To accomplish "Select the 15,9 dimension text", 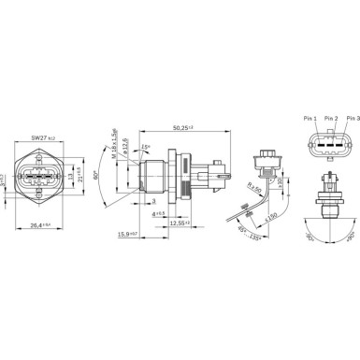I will click(132, 235).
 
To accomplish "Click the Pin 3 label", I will click(351, 118).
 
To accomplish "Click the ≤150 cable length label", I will click(271, 218).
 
